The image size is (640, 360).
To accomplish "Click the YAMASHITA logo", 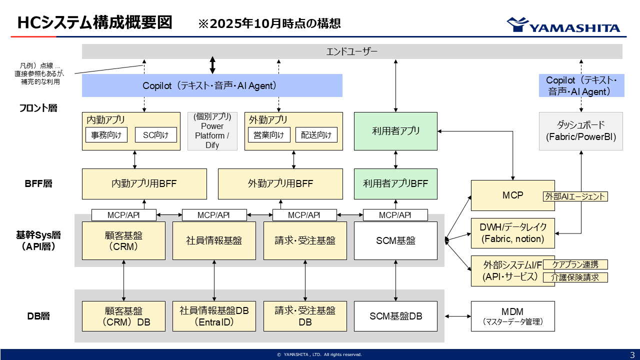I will [563, 25].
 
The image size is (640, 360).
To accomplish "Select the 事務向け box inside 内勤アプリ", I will [106, 135].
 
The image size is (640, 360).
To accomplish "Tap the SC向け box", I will [156, 135].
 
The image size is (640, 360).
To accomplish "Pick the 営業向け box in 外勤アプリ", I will [269, 135].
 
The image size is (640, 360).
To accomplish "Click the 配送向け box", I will [316, 135].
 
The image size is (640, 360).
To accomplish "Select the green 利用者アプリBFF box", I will [395, 183].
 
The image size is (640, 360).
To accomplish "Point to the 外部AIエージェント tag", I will [575, 196].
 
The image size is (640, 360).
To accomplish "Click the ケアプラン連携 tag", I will [575, 264].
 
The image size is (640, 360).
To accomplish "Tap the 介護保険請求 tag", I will [575, 277].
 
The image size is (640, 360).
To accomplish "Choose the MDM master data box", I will [512, 316].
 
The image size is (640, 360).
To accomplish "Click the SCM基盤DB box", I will [395, 316].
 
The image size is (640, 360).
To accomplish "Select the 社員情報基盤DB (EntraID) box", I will [214, 316].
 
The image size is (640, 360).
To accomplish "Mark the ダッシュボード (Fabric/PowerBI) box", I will [580, 131].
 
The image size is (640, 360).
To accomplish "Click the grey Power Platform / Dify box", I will [212, 131].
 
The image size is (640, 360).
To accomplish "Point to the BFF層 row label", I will [38, 183].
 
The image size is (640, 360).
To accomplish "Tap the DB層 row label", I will [38, 316].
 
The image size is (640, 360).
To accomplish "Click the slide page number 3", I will [632, 354].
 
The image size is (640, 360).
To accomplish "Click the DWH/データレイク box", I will [512, 233].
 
